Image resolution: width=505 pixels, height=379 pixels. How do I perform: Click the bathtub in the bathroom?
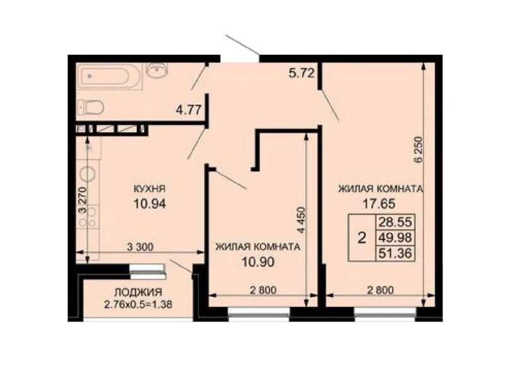click(x=109, y=76)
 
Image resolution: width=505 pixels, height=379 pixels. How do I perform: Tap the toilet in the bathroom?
click(x=90, y=107)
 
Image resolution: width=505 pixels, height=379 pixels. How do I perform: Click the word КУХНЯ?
click(x=149, y=188)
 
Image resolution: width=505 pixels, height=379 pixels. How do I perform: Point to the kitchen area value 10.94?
click(x=150, y=203)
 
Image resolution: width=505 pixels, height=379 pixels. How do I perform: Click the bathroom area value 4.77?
click(x=188, y=110)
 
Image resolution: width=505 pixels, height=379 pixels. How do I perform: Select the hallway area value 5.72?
click(x=302, y=74)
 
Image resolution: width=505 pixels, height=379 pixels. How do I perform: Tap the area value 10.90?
click(x=258, y=262)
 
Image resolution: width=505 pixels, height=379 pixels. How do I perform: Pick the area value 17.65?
click(x=379, y=203)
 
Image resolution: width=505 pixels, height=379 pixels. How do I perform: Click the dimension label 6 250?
click(x=418, y=152)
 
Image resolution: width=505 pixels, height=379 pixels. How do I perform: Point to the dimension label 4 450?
click(x=300, y=220)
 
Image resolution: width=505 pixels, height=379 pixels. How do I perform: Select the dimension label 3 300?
click(x=140, y=247)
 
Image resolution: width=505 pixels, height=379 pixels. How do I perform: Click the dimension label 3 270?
click(x=83, y=200)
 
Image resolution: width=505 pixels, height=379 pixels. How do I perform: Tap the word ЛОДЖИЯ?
click(x=138, y=292)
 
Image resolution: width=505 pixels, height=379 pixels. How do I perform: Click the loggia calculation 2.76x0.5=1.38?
click(x=138, y=304)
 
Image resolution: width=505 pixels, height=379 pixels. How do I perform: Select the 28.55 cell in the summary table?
click(x=395, y=222)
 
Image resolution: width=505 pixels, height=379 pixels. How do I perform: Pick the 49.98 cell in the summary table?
click(x=395, y=238)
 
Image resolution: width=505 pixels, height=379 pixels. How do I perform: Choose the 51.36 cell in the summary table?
click(x=395, y=253)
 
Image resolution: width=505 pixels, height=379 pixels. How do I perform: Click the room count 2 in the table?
click(x=362, y=238)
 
